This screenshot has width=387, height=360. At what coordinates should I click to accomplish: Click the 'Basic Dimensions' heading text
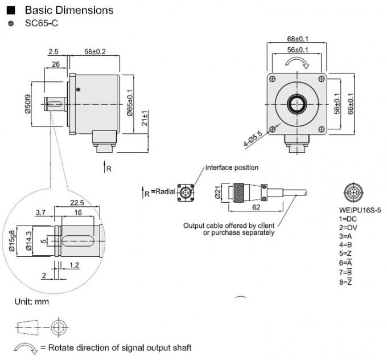(68, 10)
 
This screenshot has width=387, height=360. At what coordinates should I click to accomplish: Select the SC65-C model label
(41, 23)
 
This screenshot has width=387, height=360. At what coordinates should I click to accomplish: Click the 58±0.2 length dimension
(94, 51)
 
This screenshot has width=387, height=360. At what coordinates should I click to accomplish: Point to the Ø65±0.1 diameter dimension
(130, 103)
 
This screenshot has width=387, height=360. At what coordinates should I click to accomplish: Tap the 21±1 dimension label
(145, 119)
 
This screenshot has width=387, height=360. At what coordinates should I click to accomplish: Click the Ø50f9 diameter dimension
(27, 103)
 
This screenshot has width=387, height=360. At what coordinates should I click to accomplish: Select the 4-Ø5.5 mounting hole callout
(253, 138)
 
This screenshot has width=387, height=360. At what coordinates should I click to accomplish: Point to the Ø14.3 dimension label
(28, 240)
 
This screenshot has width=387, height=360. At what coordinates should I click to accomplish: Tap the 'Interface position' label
(232, 167)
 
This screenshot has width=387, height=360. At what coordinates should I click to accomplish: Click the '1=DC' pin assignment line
(348, 218)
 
